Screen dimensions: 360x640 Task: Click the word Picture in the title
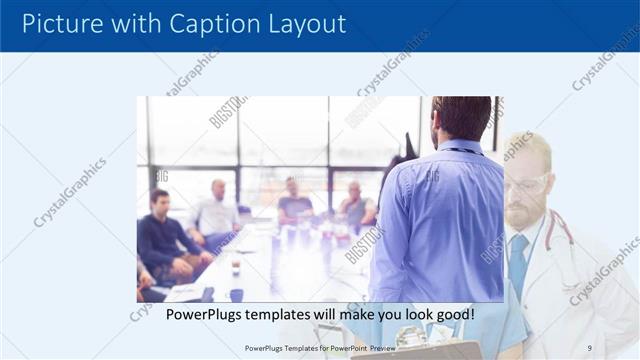(x=60, y=24)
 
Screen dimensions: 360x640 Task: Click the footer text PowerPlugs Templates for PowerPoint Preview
(x=320, y=348)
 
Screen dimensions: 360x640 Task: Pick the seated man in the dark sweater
(x=163, y=240)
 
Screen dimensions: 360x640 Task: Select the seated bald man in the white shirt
(x=216, y=215)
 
